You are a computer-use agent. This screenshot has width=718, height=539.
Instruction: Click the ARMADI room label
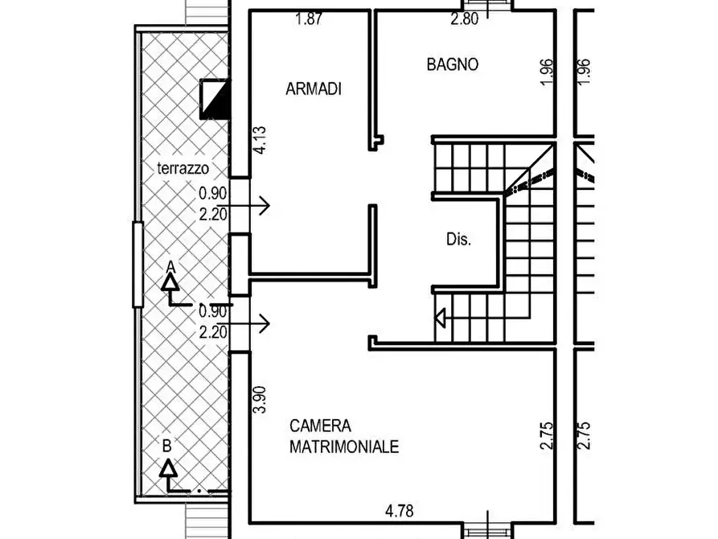click(x=314, y=88)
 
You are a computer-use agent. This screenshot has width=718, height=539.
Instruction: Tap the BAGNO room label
click(x=453, y=64)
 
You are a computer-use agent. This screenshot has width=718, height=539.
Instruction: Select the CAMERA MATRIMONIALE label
click(x=344, y=436)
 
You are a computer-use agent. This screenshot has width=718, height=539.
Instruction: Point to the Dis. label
click(x=458, y=239)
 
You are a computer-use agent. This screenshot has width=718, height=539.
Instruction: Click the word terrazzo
click(x=183, y=168)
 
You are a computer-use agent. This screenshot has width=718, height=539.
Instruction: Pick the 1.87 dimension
click(x=309, y=19)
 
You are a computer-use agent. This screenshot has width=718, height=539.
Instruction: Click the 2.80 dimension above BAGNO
click(x=464, y=19)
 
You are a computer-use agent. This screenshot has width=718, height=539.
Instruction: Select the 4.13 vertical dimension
click(x=260, y=140)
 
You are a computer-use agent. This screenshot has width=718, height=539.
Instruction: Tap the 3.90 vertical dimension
click(x=260, y=400)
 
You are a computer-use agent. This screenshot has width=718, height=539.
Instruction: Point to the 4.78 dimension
click(x=400, y=511)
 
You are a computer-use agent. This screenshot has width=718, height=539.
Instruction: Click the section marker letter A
click(x=170, y=266)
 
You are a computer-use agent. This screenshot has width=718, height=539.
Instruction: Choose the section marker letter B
click(x=167, y=446)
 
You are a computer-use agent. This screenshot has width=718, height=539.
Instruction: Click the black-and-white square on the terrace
click(x=215, y=99)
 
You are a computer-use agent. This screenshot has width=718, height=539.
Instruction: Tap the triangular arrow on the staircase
click(x=441, y=318)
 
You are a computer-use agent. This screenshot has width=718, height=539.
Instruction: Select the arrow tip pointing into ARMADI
click(x=269, y=205)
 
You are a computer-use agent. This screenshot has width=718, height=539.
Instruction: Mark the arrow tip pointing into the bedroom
click(x=269, y=323)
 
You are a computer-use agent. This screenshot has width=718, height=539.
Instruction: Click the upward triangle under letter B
click(x=169, y=468)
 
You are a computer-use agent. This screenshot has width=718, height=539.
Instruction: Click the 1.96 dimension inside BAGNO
click(x=547, y=72)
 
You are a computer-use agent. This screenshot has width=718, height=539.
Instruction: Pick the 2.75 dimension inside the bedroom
click(x=547, y=435)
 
